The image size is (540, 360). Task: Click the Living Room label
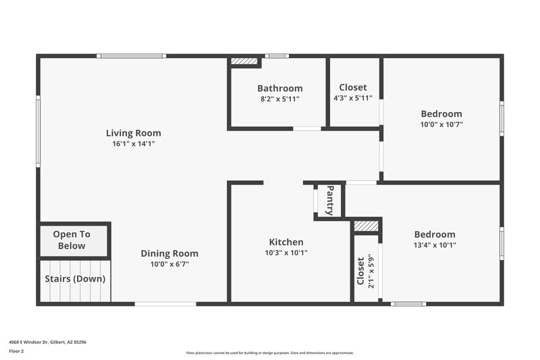point(133,133)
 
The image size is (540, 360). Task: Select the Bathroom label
point(279,88)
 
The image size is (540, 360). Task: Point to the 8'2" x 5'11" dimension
point(279,99)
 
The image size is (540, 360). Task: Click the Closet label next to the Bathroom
point(353,87)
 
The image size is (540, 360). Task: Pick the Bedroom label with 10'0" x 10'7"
point(441,113)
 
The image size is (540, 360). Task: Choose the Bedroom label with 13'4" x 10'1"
point(435,234)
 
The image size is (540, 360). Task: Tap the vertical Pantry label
point(330,200)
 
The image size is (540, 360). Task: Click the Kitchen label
point(286,242)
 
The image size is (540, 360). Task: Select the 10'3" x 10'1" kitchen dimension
point(286,253)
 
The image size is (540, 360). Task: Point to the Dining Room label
point(169,253)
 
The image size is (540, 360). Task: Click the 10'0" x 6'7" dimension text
point(169,264)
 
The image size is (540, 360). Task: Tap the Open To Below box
point(72,240)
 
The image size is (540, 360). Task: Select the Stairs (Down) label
point(75,278)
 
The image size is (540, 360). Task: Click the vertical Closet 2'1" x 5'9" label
point(365,270)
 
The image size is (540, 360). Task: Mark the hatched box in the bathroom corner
point(244,61)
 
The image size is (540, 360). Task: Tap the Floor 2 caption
point(16,351)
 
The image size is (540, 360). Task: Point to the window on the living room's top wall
point(131,56)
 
